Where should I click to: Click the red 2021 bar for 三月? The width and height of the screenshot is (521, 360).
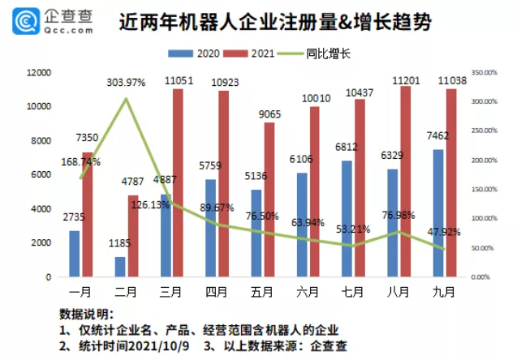coord(178,182)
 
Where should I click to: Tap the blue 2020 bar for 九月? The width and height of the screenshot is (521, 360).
coord(438,213)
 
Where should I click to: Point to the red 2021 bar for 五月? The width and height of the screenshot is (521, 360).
coord(269,199)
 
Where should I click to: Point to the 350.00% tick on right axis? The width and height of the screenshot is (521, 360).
coord(484,73)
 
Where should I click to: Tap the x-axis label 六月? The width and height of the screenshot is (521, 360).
coord(308,290)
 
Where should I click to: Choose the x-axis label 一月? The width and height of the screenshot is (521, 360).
coord(80,290)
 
